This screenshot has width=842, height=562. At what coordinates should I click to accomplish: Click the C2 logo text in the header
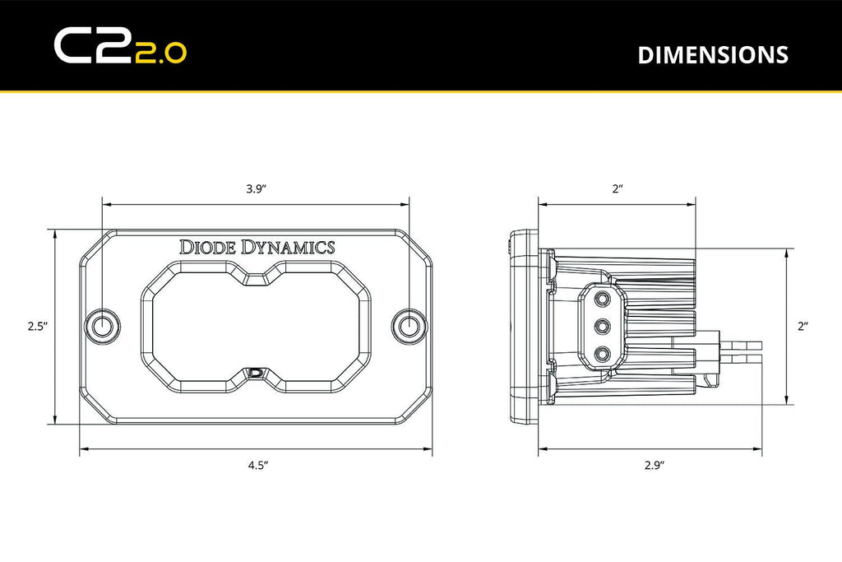pyautogui.click(x=89, y=46)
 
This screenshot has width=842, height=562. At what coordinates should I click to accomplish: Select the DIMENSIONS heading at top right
pyautogui.click(x=712, y=54)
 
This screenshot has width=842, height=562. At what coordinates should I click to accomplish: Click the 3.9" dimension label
pyautogui.click(x=255, y=188)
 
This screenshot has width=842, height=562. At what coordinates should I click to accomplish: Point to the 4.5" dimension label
pyautogui.click(x=258, y=465)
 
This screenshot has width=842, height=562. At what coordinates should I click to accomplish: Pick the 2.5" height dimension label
pyautogui.click(x=35, y=327)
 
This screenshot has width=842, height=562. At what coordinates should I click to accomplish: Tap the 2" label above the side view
pyautogui.click(x=618, y=188)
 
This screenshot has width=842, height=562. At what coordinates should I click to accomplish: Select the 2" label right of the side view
pyautogui.click(x=803, y=327)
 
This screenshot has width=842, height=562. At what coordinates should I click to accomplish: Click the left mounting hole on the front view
pyautogui.click(x=103, y=325)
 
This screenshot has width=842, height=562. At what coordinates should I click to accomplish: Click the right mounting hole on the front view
pyautogui.click(x=408, y=325)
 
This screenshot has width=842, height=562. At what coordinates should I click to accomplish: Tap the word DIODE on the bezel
pyautogui.click(x=209, y=246)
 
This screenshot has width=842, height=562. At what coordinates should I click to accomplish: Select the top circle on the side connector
pyautogui.click(x=604, y=300)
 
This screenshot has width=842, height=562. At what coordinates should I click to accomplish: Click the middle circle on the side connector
pyautogui.click(x=604, y=327)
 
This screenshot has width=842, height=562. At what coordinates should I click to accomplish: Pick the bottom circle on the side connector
pyautogui.click(x=604, y=354)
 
